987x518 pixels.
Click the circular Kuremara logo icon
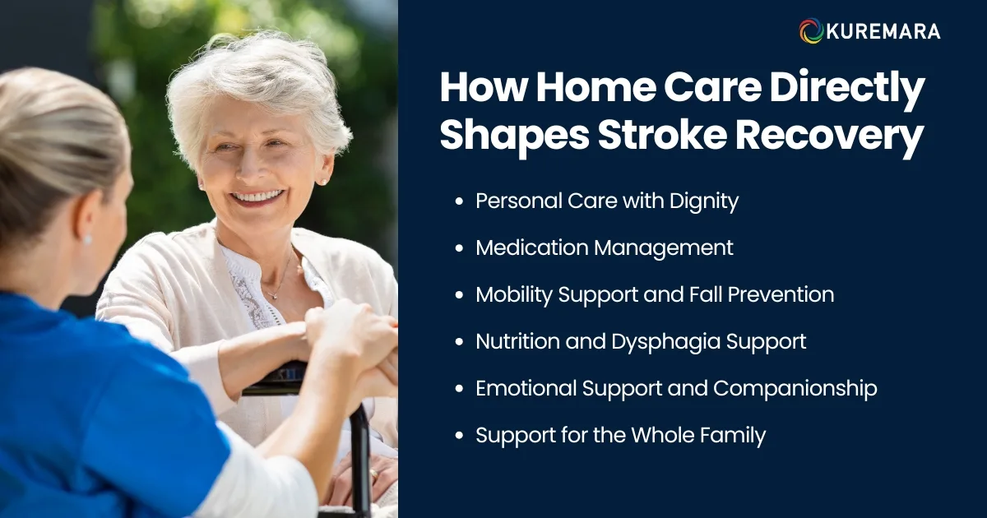pyautogui.click(x=812, y=31)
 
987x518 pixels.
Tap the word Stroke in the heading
pyautogui.click(x=659, y=136)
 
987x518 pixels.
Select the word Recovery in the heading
pyautogui.click(x=831, y=136)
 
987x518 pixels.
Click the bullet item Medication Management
pyautogui.click(x=604, y=247)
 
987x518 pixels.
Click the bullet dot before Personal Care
pyautogui.click(x=458, y=201)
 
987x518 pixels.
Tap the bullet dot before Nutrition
pyautogui.click(x=458, y=342)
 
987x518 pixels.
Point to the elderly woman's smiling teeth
pyautogui.click(x=257, y=197)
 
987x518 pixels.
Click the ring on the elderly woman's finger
pyautogui.click(x=374, y=474)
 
